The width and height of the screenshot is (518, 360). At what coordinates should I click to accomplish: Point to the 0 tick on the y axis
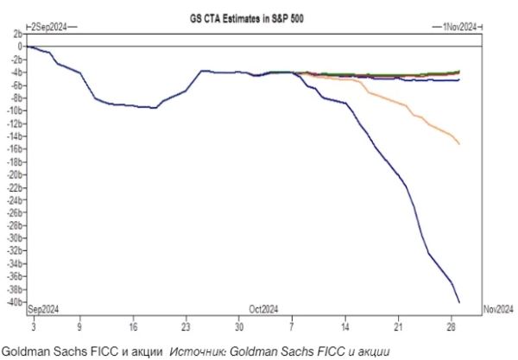[17, 46]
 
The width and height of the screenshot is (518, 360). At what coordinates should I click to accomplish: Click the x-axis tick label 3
[32, 328]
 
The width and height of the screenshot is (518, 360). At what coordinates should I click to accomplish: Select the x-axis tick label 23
[186, 328]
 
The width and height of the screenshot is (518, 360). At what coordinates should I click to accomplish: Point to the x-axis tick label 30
[239, 328]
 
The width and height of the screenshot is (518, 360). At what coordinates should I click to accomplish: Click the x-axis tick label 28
[452, 328]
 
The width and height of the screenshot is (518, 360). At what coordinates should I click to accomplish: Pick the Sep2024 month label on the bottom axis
[44, 309]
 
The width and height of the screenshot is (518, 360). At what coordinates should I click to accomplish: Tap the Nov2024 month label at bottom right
[497, 309]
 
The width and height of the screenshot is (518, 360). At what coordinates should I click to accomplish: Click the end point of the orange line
[458, 143]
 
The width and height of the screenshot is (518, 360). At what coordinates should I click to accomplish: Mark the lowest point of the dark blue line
[458, 302]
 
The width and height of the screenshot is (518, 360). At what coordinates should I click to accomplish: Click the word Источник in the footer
[197, 350]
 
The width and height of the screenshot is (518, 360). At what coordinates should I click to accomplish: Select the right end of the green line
[458, 72]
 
